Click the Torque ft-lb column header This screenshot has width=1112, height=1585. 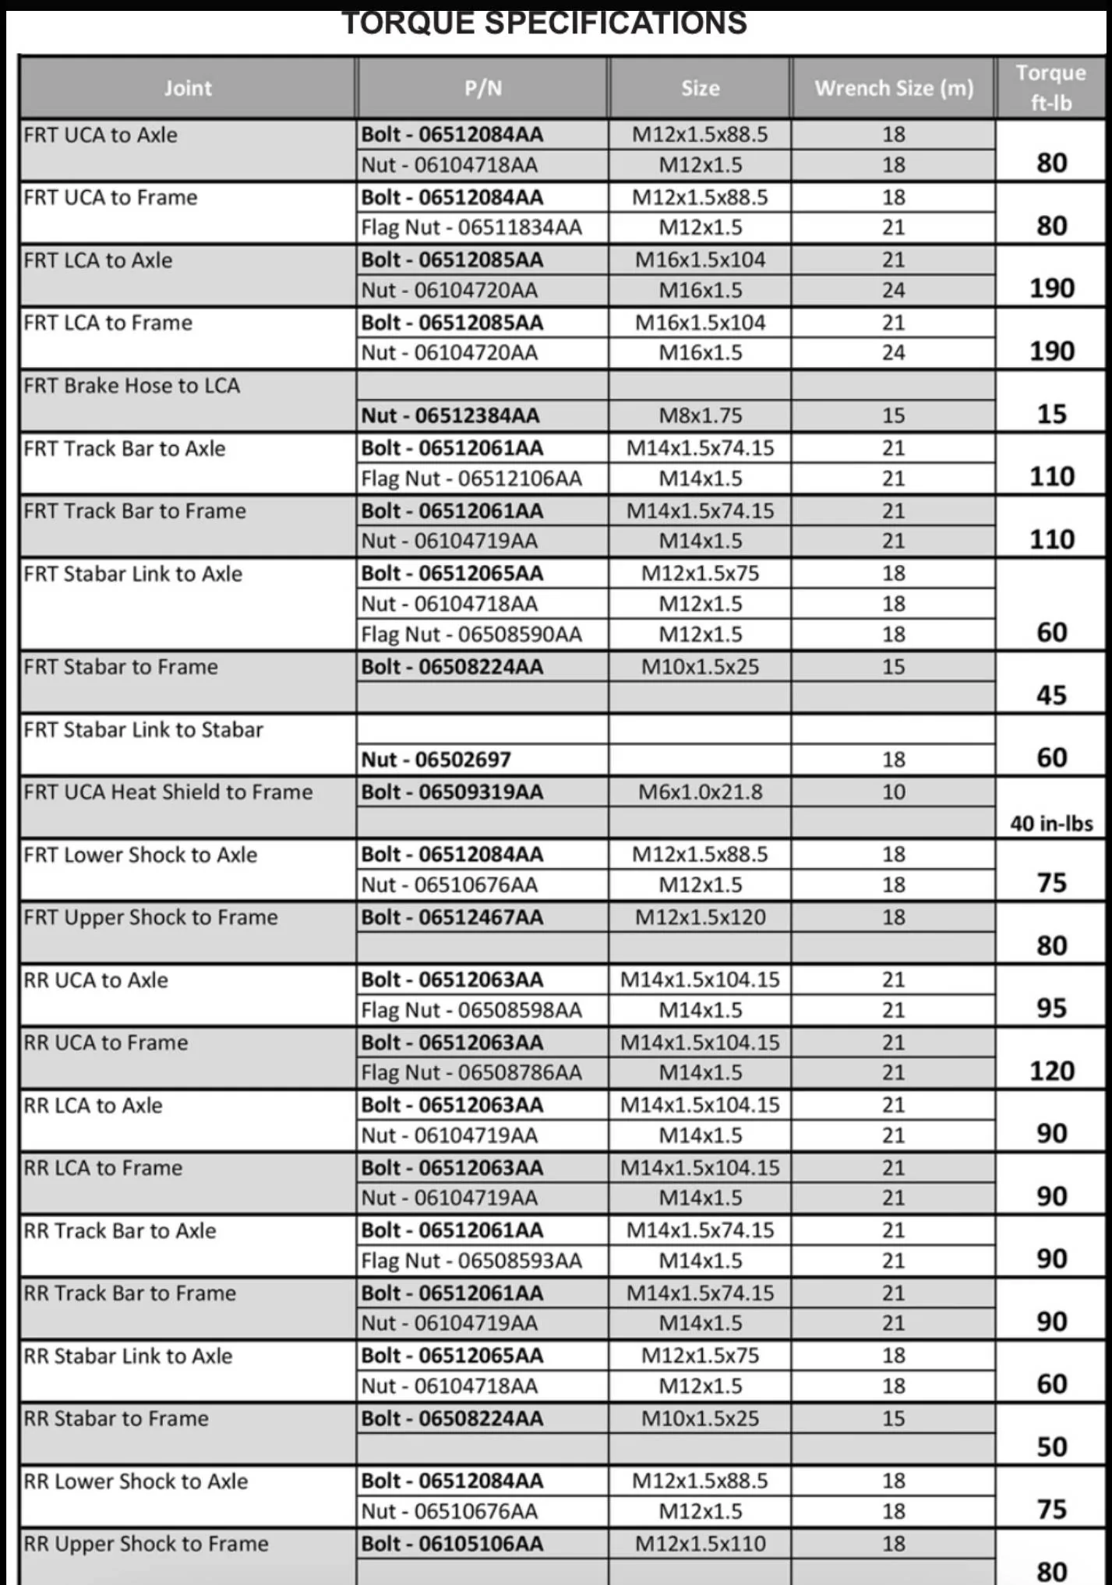pos(1050,87)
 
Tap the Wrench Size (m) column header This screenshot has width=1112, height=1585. pos(894,88)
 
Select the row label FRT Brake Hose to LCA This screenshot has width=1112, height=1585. pos(132,386)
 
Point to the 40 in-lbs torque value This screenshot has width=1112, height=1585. pos(1051,824)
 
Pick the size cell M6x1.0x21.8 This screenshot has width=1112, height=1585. pos(700,792)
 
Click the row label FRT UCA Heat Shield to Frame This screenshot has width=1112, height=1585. pos(168,792)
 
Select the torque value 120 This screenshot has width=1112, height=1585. pos(1051,1071)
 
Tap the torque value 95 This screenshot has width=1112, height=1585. pos(1051,1008)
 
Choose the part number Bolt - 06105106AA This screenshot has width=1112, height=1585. pos(452,1544)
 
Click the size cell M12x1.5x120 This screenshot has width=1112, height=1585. pos(700,917)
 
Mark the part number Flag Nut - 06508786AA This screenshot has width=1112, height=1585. pos(471,1073)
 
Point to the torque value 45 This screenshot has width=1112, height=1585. pos(1051,694)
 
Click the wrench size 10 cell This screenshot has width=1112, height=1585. pos(893,792)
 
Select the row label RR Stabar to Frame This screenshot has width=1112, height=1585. pos(116,1419)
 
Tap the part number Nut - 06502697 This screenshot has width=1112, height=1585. pos(436,759)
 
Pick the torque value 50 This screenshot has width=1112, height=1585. pos(1051,1447)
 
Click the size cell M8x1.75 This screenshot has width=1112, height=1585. pos(700,415)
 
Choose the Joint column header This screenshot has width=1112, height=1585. pos(188,88)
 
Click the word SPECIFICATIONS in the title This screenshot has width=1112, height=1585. pos(616,23)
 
